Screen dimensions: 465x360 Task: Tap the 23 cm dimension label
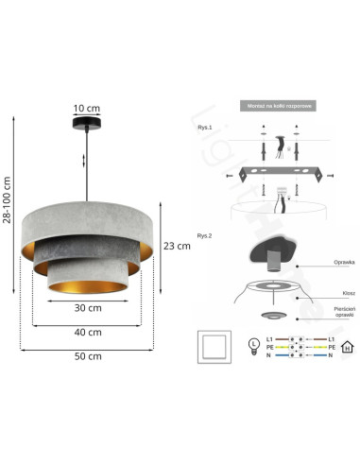[x=177, y=245]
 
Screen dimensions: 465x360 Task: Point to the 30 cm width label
[x=88, y=307]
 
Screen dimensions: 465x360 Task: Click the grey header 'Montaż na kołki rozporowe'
[x=277, y=107]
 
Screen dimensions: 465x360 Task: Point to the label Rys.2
[x=203, y=235]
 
